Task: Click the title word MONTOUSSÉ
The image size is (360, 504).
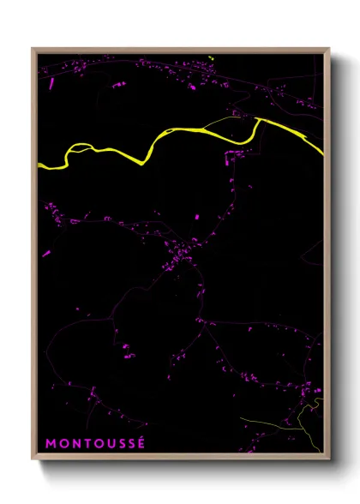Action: coord(96,444)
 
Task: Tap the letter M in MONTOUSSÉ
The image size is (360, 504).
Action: coord(51,444)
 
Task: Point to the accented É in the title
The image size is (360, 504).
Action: coord(142,443)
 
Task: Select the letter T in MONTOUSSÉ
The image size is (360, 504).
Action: coord(86,444)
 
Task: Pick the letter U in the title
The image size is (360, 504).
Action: coord(109,444)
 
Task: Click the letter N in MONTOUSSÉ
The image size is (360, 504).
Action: coord(75,444)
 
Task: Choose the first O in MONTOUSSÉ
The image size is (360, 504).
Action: coord(63,444)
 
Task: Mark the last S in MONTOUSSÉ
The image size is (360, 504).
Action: coord(131,444)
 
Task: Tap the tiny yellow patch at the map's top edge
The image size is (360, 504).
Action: coord(210,57)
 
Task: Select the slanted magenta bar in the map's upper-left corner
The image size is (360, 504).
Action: coord(51,83)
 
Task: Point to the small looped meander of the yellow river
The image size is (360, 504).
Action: coord(77,148)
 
